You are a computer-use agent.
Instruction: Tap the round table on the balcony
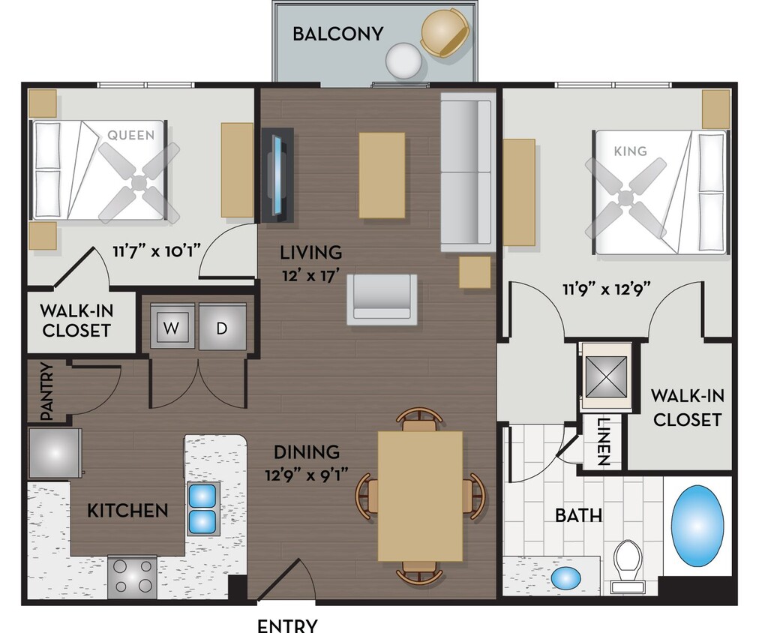coord(404,58)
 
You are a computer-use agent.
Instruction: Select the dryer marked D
coord(223,327)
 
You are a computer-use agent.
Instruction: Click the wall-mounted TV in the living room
coord(277,175)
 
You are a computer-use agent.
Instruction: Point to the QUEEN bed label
coord(131,135)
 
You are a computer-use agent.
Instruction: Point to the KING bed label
coord(630,151)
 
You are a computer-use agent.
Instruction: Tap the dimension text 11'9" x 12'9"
coord(606,288)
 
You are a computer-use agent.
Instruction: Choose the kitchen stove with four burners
coord(132,577)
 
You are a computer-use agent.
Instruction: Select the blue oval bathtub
coord(697,525)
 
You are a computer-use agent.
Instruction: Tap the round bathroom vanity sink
coord(566,578)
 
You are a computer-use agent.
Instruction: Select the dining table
coord(420,495)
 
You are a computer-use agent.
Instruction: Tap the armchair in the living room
coord(382,298)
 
